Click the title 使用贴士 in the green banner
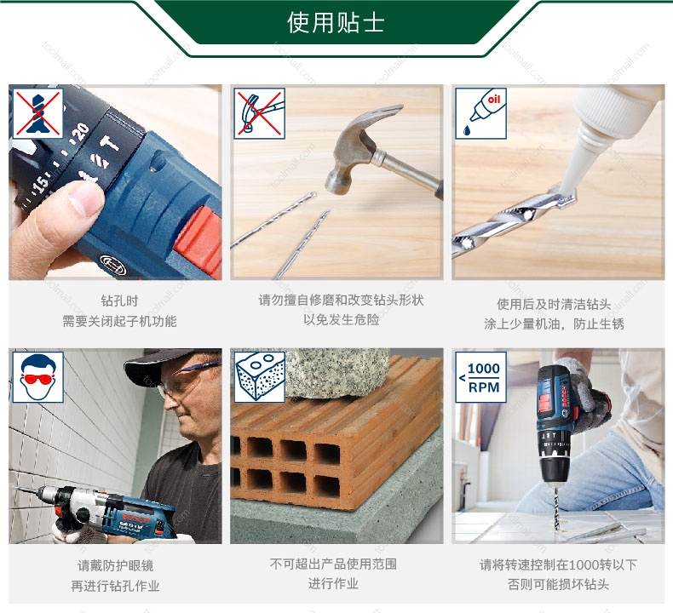[x=336, y=22]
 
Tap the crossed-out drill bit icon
[x=37, y=114]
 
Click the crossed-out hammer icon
[x=259, y=114]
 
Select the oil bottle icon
[x=480, y=114]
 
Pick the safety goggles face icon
[x=37, y=377]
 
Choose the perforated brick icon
[x=259, y=377]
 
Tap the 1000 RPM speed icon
[x=480, y=377]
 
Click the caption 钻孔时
[x=119, y=301]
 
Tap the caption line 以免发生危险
[x=342, y=319]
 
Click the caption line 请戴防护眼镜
[x=116, y=565]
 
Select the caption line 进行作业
[x=333, y=583]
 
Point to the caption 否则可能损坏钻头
[x=558, y=584]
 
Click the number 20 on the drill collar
[x=81, y=132]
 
